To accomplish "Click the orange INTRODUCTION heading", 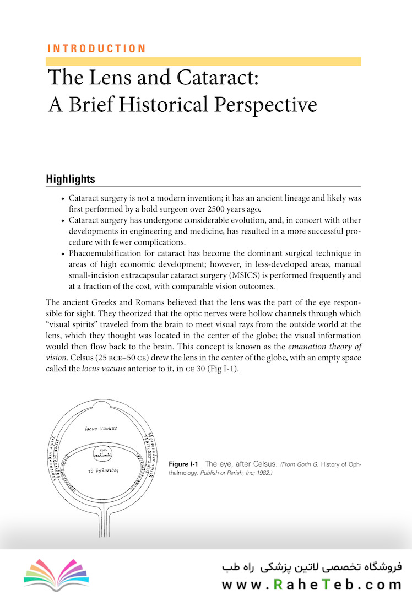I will pos(96,48).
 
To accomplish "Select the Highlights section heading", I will pos(71,179).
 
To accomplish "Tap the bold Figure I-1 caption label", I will pos(184,464).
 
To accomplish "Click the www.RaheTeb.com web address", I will pos(312,584).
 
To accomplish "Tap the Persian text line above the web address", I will pos(312,566).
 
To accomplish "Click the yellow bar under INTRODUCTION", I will pos(204,62).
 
